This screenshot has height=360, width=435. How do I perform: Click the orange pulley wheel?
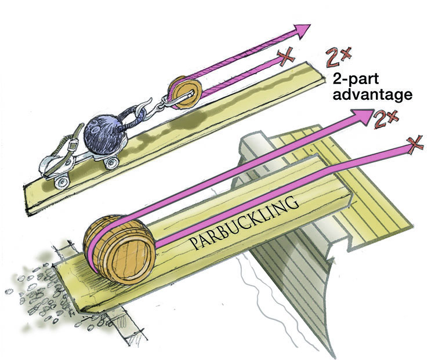point(184,93)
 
